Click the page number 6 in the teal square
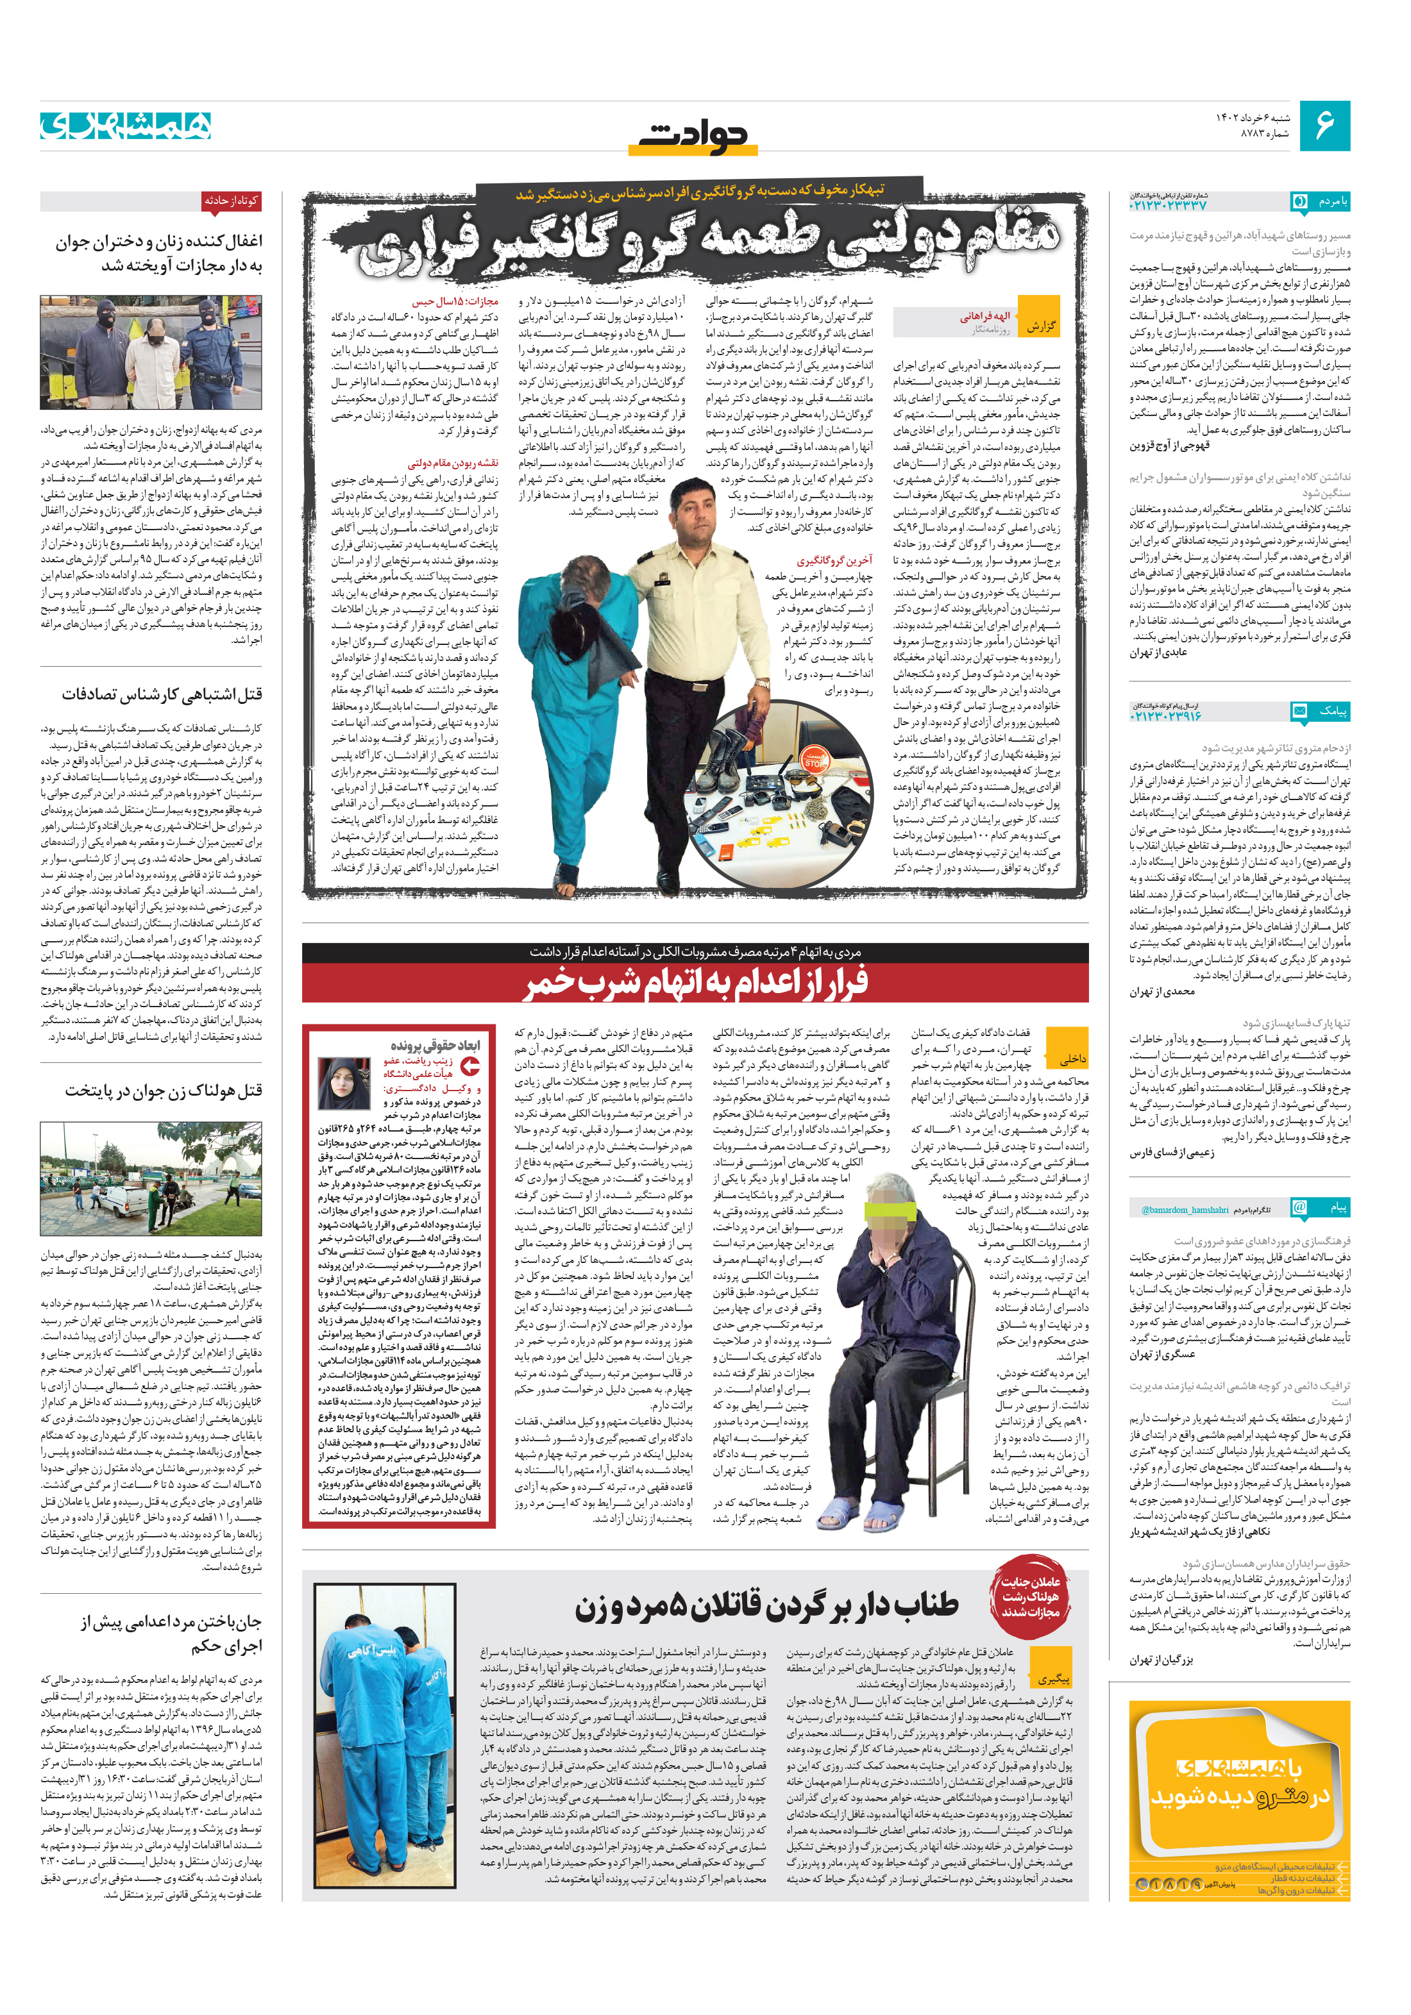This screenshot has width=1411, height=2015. pyautogui.click(x=1323, y=126)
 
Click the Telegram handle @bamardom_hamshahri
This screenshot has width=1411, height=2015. pyautogui.click(x=1185, y=1209)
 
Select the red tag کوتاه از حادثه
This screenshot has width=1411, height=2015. pyautogui.click(x=231, y=201)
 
